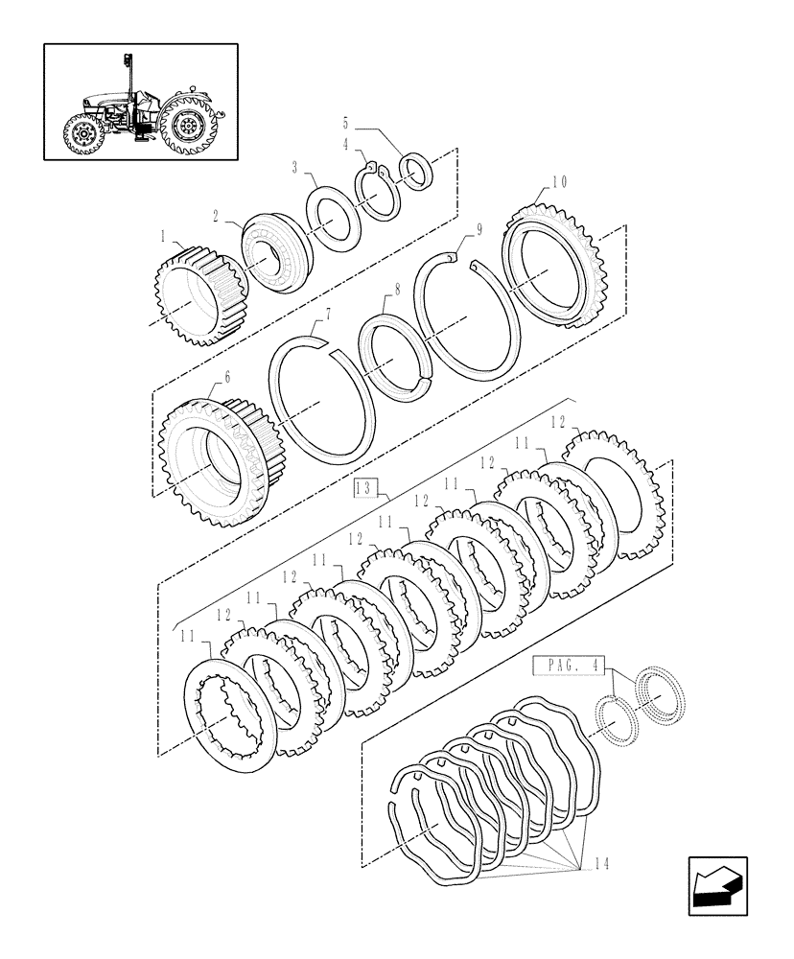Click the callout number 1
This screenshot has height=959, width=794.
click(x=165, y=234)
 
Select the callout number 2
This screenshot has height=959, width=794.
click(x=217, y=217)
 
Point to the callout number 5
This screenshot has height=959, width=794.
click(x=345, y=123)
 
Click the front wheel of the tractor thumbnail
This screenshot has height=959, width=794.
click(x=83, y=133)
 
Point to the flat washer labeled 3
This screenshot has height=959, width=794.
click(x=333, y=217)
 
